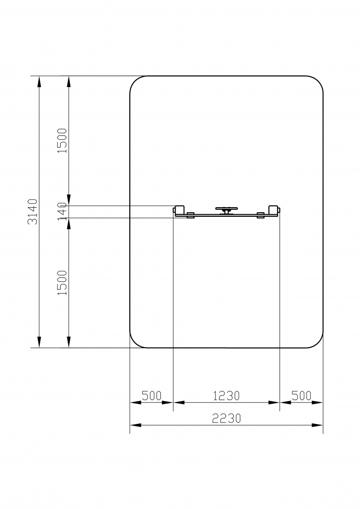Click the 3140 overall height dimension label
click(33, 212)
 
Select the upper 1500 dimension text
click(62, 140)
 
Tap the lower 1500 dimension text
click(62, 282)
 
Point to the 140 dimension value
click(62, 211)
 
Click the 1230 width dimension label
click(226, 395)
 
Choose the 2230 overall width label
click(226, 418)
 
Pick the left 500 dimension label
click(152, 395)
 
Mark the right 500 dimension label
click(301, 395)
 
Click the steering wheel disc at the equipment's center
click(226, 208)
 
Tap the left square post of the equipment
click(180, 210)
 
